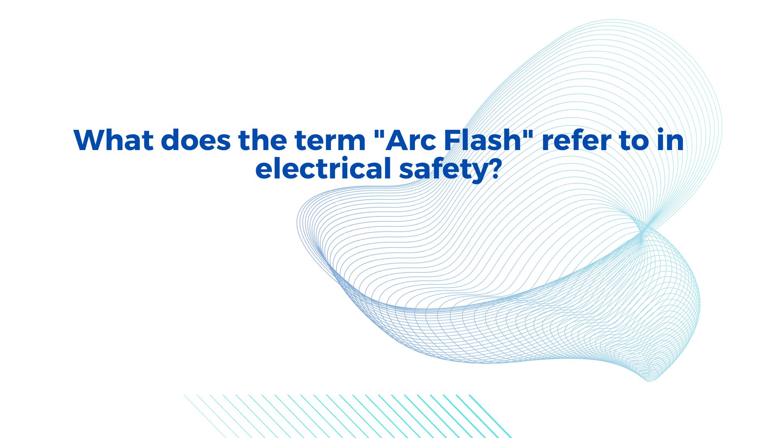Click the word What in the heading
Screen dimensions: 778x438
[x=113, y=140]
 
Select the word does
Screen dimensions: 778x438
[x=196, y=140]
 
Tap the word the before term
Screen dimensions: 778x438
[x=263, y=140]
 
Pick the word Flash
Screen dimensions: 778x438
[x=482, y=140]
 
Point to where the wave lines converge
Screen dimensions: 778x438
[x=643, y=230]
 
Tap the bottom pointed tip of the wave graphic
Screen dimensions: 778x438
[x=649, y=381]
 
